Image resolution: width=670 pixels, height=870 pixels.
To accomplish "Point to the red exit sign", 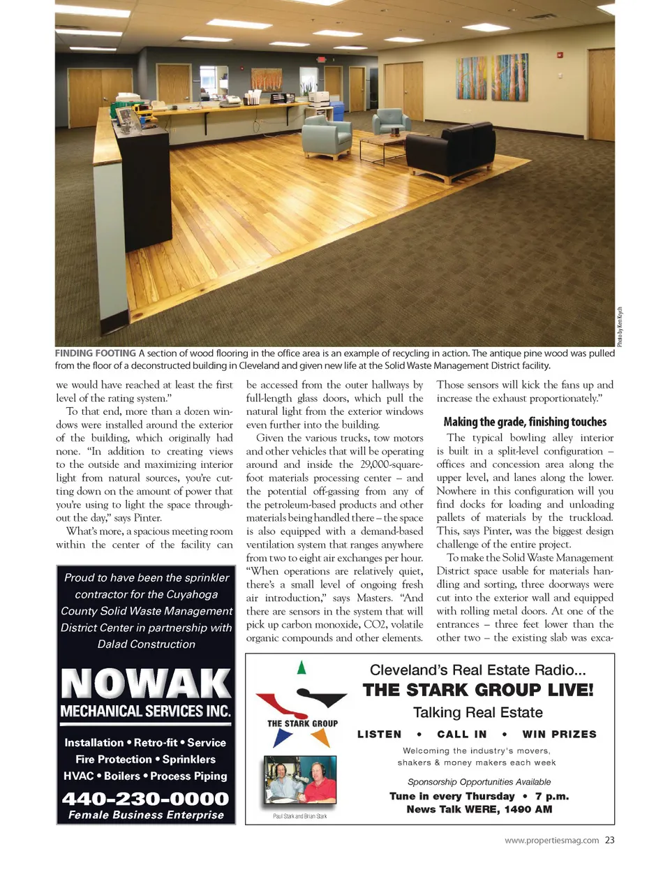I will (x=322, y=59).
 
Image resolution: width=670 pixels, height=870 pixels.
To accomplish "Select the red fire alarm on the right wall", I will (x=559, y=55).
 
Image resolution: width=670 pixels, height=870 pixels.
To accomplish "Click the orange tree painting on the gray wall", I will (x=267, y=79).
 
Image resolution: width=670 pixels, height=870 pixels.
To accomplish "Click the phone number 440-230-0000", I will (x=146, y=799).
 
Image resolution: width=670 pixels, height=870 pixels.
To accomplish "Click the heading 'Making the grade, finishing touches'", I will (x=525, y=422).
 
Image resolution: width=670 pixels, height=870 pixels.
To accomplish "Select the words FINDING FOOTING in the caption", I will (x=96, y=353).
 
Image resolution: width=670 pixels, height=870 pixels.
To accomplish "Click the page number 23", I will (x=610, y=840).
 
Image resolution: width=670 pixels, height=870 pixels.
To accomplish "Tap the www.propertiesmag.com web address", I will (x=551, y=841).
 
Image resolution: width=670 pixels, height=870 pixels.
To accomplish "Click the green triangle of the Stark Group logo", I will (x=301, y=667).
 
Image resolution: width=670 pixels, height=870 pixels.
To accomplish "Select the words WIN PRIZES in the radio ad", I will (x=559, y=734).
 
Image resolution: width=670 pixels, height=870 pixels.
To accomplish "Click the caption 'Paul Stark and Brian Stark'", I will (x=299, y=816).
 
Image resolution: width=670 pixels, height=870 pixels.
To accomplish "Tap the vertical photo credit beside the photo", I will (x=619, y=327).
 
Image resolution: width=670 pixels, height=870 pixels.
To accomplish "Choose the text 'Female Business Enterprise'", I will (x=146, y=815).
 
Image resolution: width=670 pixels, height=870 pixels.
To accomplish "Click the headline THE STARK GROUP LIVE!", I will (x=478, y=690).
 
